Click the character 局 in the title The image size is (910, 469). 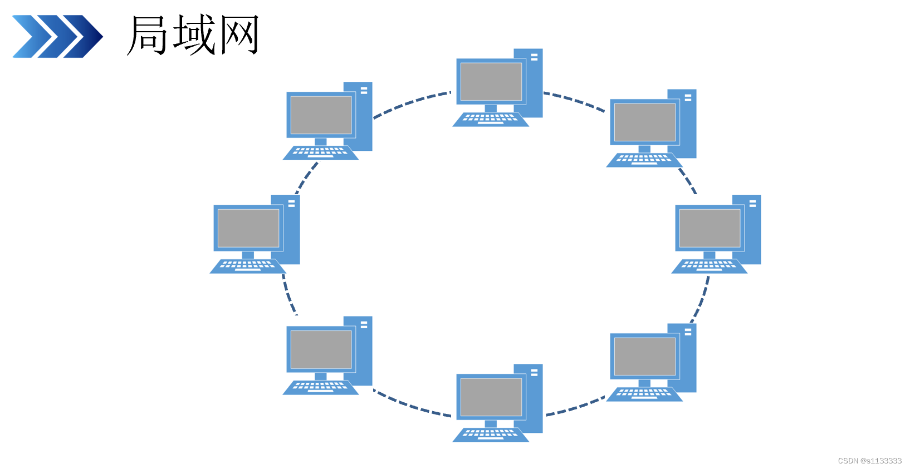[148, 35]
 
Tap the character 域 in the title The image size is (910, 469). [194, 35]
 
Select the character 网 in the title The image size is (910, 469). [239, 35]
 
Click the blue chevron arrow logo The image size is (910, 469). [57, 36]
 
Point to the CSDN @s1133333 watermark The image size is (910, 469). [869, 461]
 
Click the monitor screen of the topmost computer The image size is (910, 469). [491, 82]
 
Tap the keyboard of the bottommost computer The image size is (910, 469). [490, 434]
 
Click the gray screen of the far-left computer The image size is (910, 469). [248, 228]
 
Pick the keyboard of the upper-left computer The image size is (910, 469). [320, 152]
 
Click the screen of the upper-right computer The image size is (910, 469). [645, 122]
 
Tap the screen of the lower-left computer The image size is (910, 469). [321, 349]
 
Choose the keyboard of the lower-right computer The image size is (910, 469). [644, 394]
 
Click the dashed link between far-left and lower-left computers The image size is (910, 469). [288, 295]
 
